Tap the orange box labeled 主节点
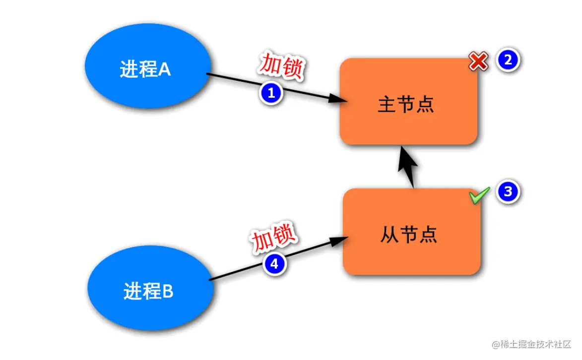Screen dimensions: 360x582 408,102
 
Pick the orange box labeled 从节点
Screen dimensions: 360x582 411,232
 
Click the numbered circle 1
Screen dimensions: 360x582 271,93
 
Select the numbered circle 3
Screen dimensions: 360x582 508,192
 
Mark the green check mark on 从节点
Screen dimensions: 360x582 479,195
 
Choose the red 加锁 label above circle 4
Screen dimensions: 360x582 273,238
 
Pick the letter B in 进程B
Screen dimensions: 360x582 167,292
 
